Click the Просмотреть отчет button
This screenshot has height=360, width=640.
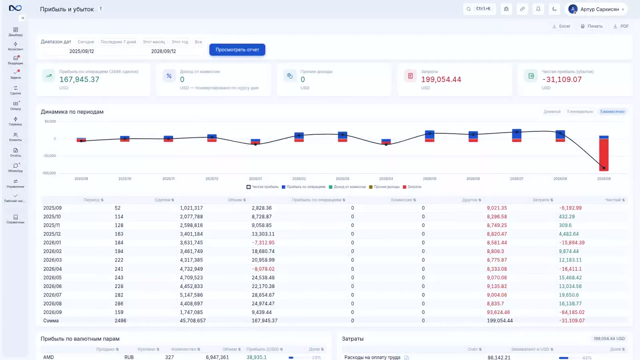click(237, 50)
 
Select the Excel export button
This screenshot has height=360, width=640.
click(561, 26)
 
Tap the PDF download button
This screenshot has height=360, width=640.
click(621, 26)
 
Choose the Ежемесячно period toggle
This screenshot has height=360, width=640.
click(612, 112)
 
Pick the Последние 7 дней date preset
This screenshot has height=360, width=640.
click(118, 42)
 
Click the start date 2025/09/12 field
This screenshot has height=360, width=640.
click(82, 51)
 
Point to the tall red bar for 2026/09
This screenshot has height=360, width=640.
click(604, 155)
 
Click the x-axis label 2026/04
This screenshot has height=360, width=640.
click(386, 178)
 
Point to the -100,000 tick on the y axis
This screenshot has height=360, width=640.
click(49, 173)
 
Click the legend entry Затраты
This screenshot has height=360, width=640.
click(412, 187)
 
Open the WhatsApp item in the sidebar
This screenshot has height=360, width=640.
click(16, 168)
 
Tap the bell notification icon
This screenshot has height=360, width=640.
click(538, 9)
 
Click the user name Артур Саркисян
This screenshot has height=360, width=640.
click(600, 10)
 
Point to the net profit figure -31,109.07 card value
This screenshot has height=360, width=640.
click(562, 80)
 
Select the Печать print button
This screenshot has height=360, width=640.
click(592, 26)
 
